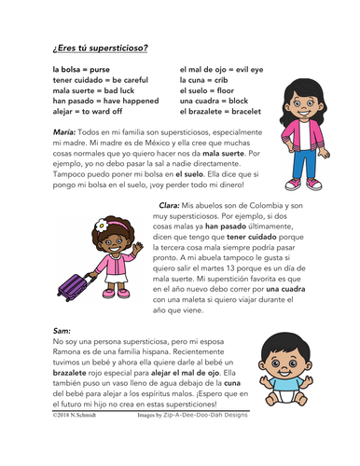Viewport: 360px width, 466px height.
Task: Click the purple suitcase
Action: (x=73, y=276)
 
